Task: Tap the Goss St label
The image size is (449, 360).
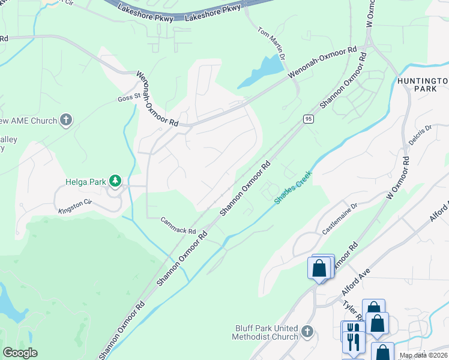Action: [x=128, y=95]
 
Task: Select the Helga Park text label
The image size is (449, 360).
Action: [x=85, y=181]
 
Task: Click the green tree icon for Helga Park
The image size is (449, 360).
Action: [x=115, y=181]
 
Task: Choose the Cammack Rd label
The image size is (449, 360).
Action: [x=178, y=226]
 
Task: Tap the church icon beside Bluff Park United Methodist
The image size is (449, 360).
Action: [x=307, y=331]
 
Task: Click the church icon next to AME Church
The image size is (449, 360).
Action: [x=66, y=121]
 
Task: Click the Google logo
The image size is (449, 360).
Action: [x=20, y=353]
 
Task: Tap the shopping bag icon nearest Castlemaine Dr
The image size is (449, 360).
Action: [x=319, y=268]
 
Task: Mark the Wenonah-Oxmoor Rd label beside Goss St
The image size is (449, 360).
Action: [x=157, y=98]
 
